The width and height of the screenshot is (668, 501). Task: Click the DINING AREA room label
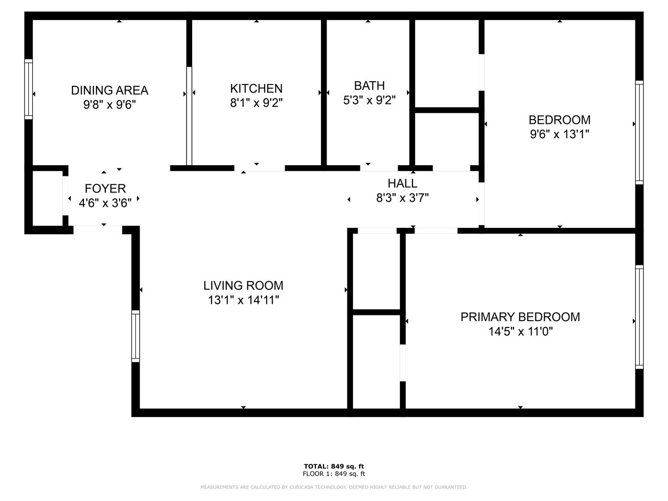point(109,90)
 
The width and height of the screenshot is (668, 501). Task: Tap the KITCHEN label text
point(256,89)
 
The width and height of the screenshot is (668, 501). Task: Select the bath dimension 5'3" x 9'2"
point(369,100)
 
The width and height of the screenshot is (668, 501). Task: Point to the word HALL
point(402,183)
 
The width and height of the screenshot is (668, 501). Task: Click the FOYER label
point(105,189)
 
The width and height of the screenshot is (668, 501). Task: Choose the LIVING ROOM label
point(243,286)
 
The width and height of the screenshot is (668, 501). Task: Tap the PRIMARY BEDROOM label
point(520,317)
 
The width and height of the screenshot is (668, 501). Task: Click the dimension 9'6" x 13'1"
point(559,134)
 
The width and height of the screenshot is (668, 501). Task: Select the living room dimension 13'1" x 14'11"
point(243,300)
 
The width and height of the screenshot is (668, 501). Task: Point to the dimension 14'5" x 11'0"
point(520,331)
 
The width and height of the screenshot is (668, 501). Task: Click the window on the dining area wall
point(28,89)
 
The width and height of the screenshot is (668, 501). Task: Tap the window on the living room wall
point(135,336)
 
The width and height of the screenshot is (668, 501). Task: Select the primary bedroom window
point(639,317)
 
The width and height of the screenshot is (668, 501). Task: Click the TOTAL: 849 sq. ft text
point(334,466)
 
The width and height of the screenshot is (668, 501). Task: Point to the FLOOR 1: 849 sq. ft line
point(334,474)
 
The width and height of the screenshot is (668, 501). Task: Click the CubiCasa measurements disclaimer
point(334,487)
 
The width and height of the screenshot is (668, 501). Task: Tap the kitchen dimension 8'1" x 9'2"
point(256,103)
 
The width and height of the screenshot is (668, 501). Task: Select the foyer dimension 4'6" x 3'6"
point(105,203)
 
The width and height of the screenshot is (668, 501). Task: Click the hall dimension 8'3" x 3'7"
point(402,198)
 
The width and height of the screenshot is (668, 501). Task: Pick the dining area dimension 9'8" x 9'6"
point(109,105)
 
